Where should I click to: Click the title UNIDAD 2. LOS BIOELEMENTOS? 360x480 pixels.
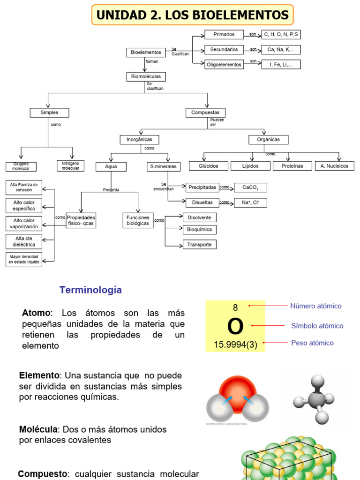tap(192, 15)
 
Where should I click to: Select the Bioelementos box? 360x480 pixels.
tap(146, 52)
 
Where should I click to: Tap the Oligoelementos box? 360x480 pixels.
tap(224, 65)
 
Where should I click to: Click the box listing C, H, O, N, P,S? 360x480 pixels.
tap(281, 34)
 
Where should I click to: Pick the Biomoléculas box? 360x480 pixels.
tap(146, 76)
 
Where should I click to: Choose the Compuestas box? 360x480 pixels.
tap(205, 112)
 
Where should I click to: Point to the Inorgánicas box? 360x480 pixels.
tap(139, 140)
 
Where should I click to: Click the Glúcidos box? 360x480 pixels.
tap(208, 166)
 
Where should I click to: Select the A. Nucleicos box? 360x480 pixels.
tap(335, 166)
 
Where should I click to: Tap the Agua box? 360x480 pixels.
tap(111, 166)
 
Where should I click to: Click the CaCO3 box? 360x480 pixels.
tap(250, 187)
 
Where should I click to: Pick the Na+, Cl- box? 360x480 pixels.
tap(250, 202)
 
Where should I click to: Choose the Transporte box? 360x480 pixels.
tap(199, 244)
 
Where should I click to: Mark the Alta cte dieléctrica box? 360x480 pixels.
tap(24, 241)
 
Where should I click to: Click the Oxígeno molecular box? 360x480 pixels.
tap(21, 166)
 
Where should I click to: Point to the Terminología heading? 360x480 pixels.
tap(90, 290)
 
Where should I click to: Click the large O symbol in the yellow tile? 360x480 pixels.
tap(235, 326)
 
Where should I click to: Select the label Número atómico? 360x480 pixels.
tap(315, 306)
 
